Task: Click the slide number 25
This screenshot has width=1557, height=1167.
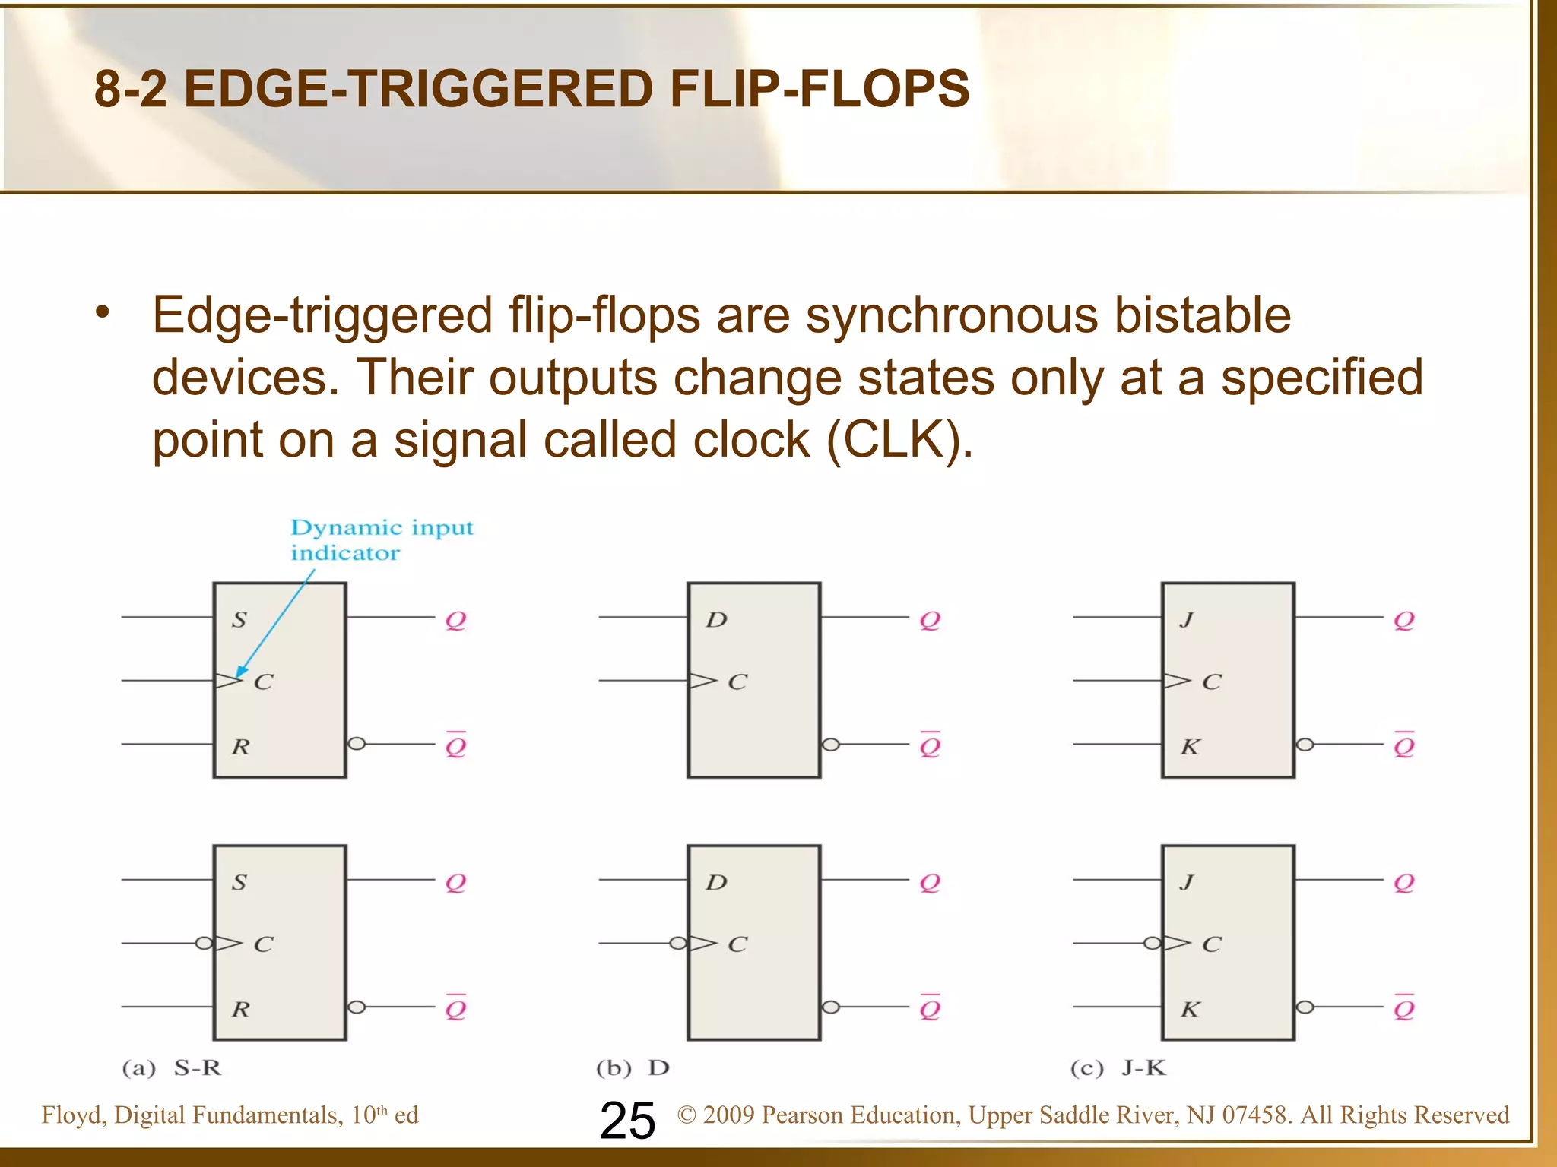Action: coord(627,1121)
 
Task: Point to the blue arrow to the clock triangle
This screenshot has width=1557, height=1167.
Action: coord(274,625)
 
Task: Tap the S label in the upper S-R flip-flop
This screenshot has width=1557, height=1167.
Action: coord(239,620)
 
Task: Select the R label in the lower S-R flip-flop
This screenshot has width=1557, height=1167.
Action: coord(240,1009)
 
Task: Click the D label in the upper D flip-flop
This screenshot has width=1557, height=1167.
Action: coord(716,620)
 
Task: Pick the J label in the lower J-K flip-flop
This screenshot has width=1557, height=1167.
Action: coord(1187,882)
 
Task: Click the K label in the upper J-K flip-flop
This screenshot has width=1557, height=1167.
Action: coord(1190,747)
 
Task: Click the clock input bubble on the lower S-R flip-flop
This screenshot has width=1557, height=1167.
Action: coord(204,944)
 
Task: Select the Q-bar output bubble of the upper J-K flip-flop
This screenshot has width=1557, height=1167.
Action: coord(1305,745)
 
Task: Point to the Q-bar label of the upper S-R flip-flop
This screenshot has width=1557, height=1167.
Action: coord(455,745)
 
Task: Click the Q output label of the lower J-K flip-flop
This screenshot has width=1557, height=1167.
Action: coord(1403,883)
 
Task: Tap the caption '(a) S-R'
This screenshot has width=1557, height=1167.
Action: coord(172,1068)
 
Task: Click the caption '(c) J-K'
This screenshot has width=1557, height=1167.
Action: coord(1118,1068)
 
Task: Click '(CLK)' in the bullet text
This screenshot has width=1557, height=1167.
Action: coord(899,440)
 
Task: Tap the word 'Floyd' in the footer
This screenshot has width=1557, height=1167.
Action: coord(74,1115)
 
